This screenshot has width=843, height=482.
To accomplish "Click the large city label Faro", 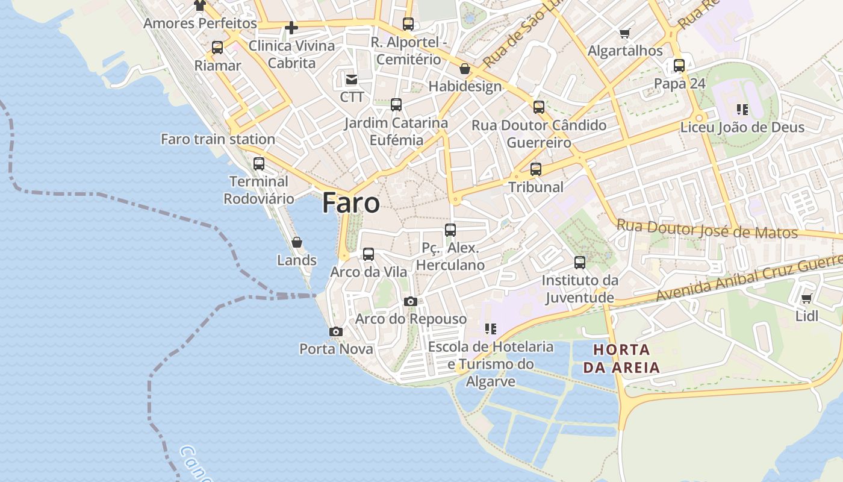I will coord(351,203).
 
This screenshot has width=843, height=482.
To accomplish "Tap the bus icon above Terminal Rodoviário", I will coord(259,163).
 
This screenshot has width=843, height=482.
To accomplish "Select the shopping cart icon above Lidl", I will coord(806,298).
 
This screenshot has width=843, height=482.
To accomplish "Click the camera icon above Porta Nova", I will coord(336,331).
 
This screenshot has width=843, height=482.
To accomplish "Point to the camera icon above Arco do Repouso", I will coord(411,301).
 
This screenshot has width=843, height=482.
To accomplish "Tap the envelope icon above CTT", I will coord(352,79).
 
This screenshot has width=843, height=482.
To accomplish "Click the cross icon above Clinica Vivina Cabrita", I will coord(291,28).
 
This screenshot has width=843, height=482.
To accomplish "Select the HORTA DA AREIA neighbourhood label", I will coord(621,358).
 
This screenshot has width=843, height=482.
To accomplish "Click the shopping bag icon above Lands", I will coord(297,242).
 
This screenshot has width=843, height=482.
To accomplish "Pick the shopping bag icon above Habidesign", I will coord(465,69).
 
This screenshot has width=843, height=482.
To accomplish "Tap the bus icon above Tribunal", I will coord(536,169).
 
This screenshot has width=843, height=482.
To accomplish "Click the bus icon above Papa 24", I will coord(679,66).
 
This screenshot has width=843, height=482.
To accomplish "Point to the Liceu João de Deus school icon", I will coord(742,110).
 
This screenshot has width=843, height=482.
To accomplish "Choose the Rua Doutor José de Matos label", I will coord(707,230).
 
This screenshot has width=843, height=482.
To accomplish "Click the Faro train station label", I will coord(218,139).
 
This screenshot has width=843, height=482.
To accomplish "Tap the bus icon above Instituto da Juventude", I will coord(580,263).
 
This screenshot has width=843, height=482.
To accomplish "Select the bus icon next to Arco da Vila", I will coord(369,254).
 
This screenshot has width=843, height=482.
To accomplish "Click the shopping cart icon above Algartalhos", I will coord(625,33).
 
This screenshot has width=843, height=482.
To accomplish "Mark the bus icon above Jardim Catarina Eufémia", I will coord(396,105).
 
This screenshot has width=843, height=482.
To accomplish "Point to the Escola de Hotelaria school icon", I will coord(491,329).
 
